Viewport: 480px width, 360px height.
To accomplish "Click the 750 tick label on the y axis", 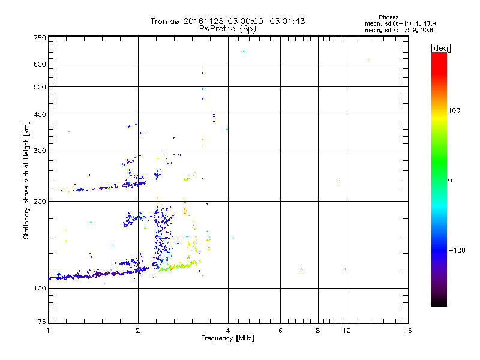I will click(40, 37).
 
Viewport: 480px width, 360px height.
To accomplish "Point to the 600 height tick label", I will click(40, 64).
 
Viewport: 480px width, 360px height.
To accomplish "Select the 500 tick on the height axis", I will click(40, 86).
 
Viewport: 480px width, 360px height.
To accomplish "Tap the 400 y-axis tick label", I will click(40, 115).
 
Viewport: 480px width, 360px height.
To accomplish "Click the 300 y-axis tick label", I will click(40, 151).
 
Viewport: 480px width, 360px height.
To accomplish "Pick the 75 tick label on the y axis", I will click(42, 322).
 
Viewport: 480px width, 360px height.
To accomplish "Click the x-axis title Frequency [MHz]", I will click(227, 339).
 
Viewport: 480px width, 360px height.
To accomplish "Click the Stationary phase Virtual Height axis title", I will click(26, 180).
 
